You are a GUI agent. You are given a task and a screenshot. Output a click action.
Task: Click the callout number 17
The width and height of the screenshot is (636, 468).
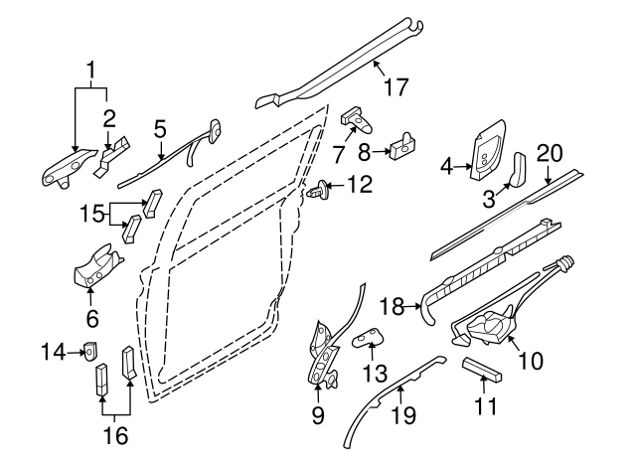(396, 87)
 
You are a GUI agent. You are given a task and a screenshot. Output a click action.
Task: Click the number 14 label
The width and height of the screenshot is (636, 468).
(53, 350)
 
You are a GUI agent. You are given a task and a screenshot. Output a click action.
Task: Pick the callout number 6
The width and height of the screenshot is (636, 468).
(92, 318)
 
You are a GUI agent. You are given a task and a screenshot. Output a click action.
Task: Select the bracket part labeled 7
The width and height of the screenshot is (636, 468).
(359, 121)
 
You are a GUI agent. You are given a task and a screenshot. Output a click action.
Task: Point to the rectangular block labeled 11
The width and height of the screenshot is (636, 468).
(484, 371)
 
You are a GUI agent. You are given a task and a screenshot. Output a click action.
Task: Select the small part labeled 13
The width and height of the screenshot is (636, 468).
(369, 340)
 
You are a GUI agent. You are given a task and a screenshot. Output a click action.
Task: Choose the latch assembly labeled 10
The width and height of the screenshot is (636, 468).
(489, 326)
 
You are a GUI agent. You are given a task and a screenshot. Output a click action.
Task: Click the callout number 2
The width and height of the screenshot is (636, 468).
(109, 119)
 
